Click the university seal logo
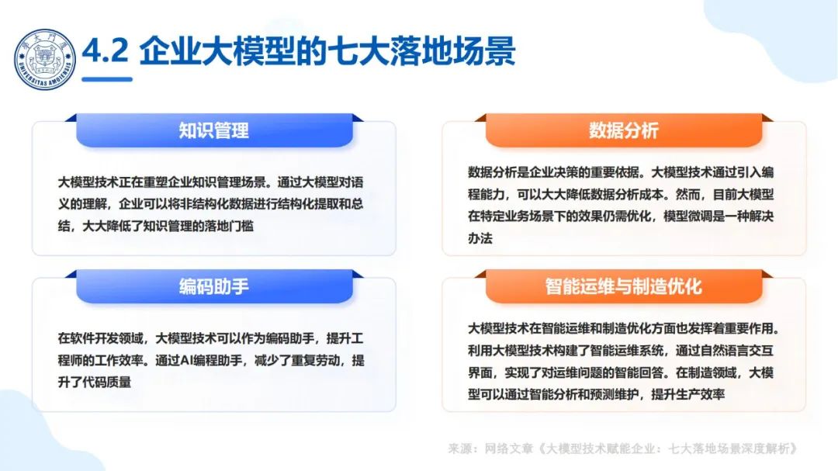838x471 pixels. (x=46, y=59)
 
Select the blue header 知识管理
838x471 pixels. (x=213, y=130)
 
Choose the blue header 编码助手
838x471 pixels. (x=213, y=286)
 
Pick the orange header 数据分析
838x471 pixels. (x=623, y=130)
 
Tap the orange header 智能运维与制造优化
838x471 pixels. (x=623, y=286)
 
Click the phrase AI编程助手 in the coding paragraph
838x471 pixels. (x=216, y=360)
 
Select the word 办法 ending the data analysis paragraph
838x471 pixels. (x=480, y=238)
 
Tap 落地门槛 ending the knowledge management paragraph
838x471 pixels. (x=229, y=226)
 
